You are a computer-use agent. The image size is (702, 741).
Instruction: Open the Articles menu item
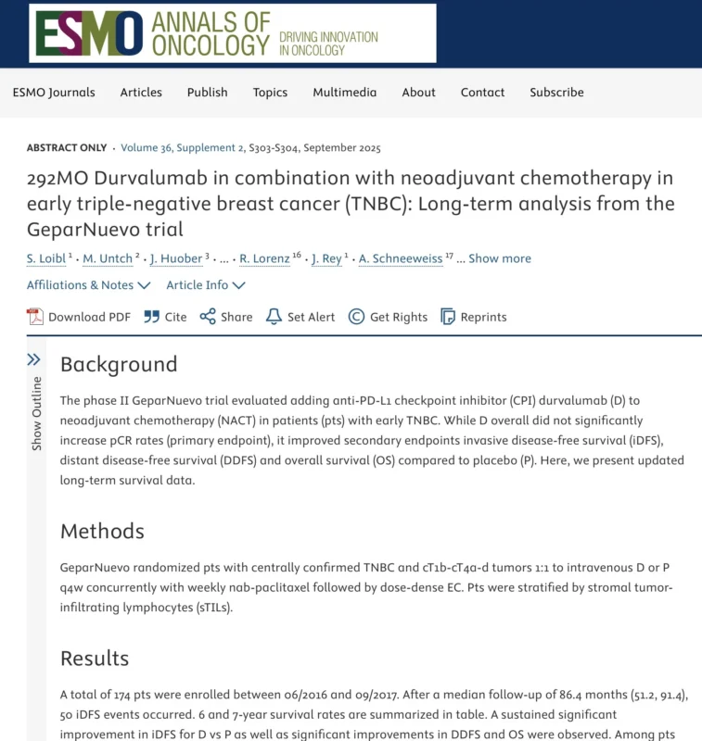point(141,92)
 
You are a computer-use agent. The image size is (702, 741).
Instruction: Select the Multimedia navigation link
point(344,92)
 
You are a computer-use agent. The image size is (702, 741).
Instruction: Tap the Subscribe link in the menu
point(556,92)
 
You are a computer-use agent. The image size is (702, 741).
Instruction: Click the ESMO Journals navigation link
point(54,92)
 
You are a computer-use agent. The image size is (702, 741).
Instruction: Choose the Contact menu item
point(482,92)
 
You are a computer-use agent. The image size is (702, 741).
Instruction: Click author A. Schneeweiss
point(402,258)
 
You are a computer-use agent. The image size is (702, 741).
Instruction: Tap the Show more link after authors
point(500,258)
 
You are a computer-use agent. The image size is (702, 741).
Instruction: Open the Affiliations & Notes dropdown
point(87,285)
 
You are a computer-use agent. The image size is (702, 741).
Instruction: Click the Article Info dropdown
point(205,285)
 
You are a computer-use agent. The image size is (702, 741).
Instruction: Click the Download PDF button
point(79,317)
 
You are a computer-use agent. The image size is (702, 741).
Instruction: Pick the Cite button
point(165,317)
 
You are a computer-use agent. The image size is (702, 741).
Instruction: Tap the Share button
point(226,317)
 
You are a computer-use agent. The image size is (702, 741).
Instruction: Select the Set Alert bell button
point(300,317)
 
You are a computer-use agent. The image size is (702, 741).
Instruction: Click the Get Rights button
point(388,317)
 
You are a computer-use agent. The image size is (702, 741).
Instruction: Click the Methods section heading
point(102,531)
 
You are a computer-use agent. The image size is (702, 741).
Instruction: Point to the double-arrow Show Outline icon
point(34,359)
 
